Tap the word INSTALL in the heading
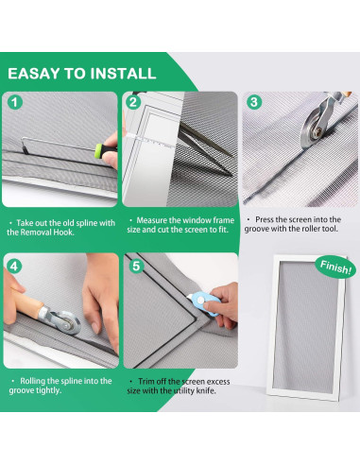click(x=124, y=74)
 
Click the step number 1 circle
click(x=15, y=102)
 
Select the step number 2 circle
click(x=133, y=102)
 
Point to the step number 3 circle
click(x=254, y=102)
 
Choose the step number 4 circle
click(x=13, y=267)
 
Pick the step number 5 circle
click(x=136, y=266)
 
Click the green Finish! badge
click(x=335, y=267)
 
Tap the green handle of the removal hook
click(x=106, y=150)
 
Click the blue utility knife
click(x=203, y=303)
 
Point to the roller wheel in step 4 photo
click(x=68, y=322)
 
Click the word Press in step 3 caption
click(x=265, y=219)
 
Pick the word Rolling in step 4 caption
click(x=33, y=381)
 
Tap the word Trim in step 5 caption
click(x=146, y=382)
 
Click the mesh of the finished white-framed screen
click(x=306, y=326)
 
